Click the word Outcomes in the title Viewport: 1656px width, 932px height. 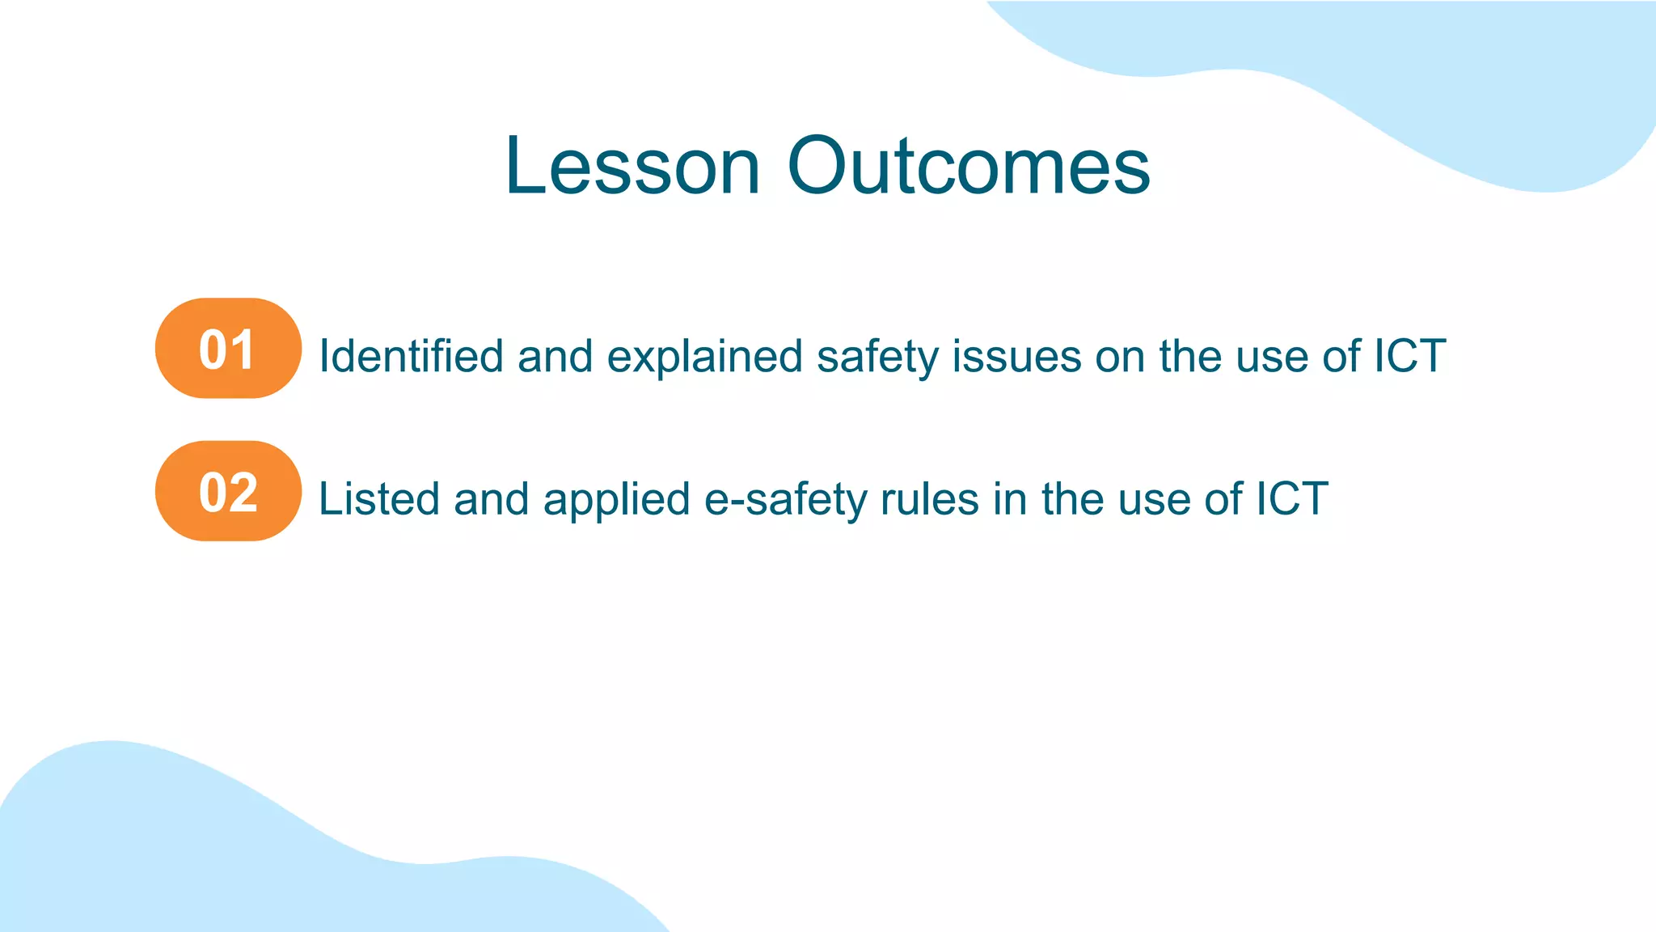click(968, 167)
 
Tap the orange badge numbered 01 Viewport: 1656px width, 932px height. click(228, 349)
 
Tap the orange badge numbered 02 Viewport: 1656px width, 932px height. click(228, 491)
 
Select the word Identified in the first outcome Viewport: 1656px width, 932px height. click(411, 356)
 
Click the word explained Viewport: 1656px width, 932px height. click(704, 356)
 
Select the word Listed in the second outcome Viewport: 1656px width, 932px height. click(378, 498)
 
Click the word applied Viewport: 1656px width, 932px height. click(616, 498)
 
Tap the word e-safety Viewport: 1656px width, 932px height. click(785, 498)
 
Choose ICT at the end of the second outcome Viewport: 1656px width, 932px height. click(1291, 498)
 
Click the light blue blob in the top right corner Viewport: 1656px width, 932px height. click(1455, 81)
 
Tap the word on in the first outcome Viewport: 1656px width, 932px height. click(1120, 356)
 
